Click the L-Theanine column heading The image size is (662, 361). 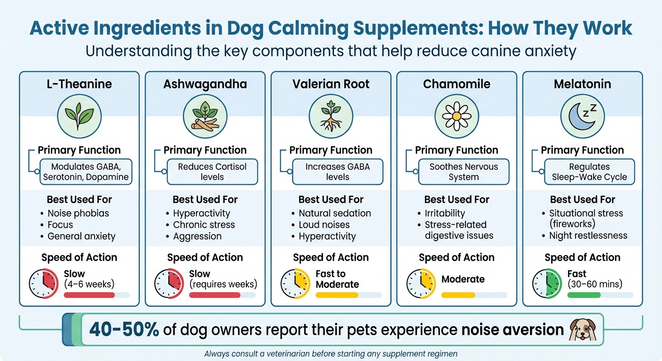point(79,84)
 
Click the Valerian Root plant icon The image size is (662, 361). point(331,116)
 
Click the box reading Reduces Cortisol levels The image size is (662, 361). point(212,172)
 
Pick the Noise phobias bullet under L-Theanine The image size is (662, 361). point(78,213)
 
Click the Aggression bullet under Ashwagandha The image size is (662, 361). point(197,236)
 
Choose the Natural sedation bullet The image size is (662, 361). point(335,213)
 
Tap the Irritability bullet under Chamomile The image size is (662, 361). point(445,213)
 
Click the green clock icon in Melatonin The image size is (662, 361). point(546,283)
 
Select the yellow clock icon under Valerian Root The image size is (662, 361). point(295,283)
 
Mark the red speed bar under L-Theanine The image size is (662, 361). point(89,295)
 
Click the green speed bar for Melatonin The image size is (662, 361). point(584,295)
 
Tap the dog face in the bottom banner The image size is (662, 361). point(582,329)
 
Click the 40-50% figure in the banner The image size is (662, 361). point(124,330)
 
